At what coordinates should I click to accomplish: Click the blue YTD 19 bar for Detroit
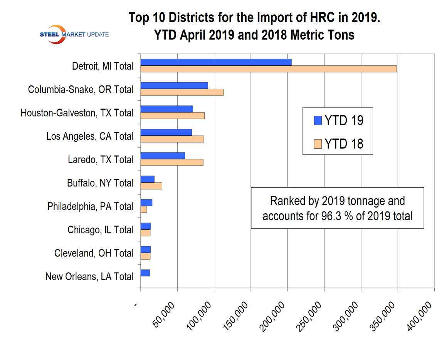point(216,62)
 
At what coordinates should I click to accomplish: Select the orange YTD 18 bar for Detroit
point(269,69)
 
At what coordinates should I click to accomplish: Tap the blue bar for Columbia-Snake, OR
point(174,85)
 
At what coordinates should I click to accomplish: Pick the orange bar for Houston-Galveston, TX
point(172,116)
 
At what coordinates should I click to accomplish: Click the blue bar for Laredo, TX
point(163,156)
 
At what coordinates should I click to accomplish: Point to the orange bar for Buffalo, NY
point(151,186)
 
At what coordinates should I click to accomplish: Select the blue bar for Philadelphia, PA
point(146,203)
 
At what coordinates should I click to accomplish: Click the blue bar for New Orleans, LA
point(145,273)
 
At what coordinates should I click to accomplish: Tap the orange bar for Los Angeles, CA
point(172,139)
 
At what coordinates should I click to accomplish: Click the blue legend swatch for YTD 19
point(318,121)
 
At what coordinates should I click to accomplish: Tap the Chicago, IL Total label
point(101,230)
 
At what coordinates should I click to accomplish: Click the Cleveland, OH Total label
point(94,253)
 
